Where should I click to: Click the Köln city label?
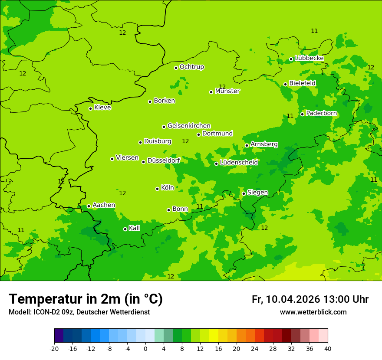coord(168,188)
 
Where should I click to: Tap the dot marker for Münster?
coord(211,92)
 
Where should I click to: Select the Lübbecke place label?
coord(309,58)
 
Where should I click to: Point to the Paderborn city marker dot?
coord(303,114)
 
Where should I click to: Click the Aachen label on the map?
coord(104,205)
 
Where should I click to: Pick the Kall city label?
coord(135,228)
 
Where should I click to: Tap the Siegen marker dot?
coord(244,193)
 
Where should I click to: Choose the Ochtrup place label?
coord(192,67)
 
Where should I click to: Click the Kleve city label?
coord(103,108)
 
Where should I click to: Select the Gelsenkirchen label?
coord(189,126)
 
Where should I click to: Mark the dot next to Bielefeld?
coord(286,84)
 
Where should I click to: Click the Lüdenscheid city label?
coord(239,163)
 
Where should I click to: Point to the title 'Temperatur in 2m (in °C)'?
coord(86,299)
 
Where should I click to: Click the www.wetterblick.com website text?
coord(313,312)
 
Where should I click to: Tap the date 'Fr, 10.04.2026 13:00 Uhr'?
coord(310,299)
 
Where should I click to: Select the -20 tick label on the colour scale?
coord(54,348)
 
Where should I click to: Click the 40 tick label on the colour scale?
coord(328,348)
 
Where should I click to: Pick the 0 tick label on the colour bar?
coord(145,348)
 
